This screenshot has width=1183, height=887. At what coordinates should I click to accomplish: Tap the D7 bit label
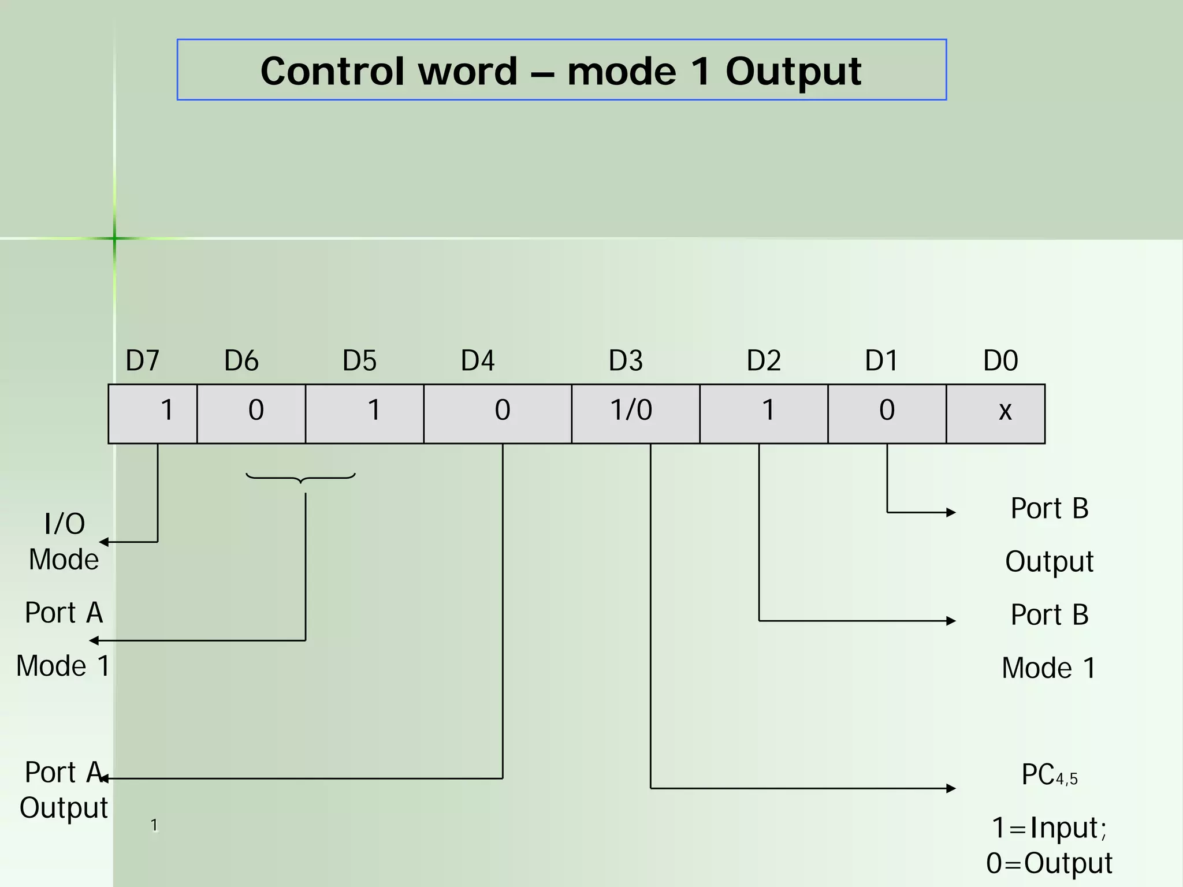[142, 360]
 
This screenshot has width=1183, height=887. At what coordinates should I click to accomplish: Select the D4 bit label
[477, 360]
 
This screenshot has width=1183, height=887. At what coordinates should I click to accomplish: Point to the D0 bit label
[1000, 360]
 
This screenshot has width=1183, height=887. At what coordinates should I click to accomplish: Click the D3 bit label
[626, 360]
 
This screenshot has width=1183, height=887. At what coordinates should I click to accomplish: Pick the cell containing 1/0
[635, 413]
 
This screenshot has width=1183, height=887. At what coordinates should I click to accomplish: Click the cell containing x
[995, 413]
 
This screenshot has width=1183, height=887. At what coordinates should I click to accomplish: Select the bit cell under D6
[251, 413]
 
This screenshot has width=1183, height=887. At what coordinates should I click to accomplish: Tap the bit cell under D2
[764, 413]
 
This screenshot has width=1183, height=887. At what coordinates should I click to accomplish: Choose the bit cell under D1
[887, 413]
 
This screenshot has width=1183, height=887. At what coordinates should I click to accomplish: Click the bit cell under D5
[364, 413]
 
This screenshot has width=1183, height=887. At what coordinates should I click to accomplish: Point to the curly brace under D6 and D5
[300, 478]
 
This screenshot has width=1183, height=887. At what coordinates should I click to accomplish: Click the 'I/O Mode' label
[64, 542]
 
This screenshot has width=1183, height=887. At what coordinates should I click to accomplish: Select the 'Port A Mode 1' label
[63, 639]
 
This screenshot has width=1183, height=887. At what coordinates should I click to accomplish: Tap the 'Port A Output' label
[64, 790]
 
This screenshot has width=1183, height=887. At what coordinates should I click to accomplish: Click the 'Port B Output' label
[1050, 535]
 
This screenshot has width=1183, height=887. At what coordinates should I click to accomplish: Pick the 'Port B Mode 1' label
[1049, 641]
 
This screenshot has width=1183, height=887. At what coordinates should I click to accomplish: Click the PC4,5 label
[1049, 775]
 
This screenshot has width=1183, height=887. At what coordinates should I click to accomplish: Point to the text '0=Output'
[1049, 863]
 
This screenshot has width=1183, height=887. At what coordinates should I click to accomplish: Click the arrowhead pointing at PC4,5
[951, 788]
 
